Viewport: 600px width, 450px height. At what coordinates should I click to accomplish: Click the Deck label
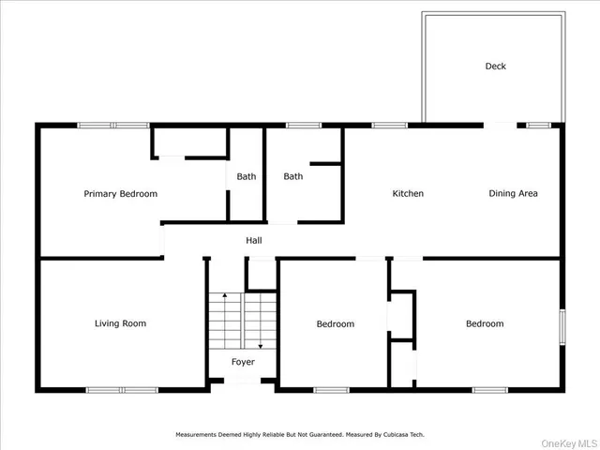495,66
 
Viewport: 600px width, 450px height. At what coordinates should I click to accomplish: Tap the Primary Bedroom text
120,194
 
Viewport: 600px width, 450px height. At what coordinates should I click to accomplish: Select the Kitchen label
408,194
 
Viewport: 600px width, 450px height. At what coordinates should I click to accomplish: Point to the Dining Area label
513,194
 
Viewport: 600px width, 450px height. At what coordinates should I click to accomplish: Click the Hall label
254,241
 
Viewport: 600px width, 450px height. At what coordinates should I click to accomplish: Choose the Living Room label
120,323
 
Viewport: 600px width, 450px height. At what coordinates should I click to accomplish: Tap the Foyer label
243,362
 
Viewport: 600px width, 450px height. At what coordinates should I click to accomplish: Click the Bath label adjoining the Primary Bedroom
246,176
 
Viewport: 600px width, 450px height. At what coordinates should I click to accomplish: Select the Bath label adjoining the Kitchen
293,176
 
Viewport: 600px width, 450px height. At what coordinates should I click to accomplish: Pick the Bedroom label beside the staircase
335,324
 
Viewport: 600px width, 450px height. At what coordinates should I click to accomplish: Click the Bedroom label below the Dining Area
485,324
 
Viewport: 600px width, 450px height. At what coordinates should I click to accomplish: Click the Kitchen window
389,125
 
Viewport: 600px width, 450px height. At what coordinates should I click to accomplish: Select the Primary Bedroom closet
190,142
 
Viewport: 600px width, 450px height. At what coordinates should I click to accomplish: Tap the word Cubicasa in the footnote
384,435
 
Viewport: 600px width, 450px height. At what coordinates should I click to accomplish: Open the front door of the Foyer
243,382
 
